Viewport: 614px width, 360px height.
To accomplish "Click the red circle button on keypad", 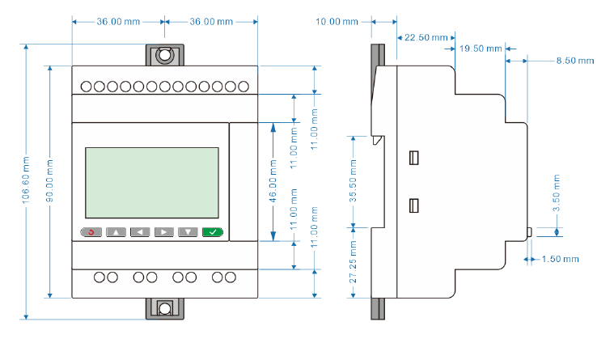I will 91,232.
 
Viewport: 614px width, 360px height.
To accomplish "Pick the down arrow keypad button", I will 188,232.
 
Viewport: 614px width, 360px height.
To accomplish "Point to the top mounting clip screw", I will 165,56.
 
